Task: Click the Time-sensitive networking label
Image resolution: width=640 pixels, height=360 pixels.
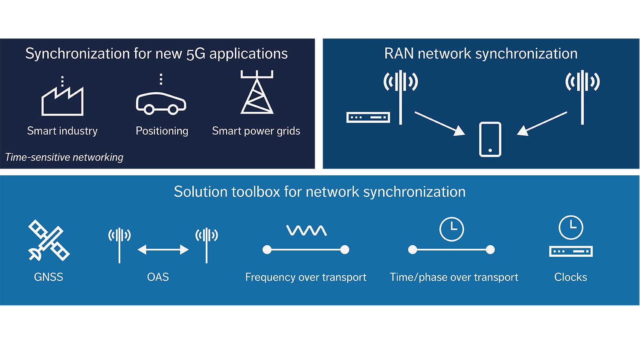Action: (x=64, y=157)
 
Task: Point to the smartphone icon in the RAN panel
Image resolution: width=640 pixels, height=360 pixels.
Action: (x=490, y=139)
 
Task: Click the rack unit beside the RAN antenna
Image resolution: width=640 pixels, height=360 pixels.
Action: (x=368, y=117)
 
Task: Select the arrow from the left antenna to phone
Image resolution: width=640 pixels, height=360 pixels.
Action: (x=439, y=124)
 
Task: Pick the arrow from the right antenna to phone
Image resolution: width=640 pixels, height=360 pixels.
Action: (x=542, y=124)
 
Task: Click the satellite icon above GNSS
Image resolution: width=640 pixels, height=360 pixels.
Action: (x=49, y=240)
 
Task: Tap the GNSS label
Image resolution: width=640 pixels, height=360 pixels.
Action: (x=49, y=277)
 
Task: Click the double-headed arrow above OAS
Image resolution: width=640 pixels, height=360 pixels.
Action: (x=163, y=250)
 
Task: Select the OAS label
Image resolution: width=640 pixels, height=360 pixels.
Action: (x=158, y=277)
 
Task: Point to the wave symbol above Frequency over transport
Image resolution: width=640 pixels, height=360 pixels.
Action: (x=306, y=231)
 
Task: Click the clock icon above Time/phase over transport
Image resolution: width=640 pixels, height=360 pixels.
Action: (x=451, y=229)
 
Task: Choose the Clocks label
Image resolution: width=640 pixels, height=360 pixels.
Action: (x=570, y=277)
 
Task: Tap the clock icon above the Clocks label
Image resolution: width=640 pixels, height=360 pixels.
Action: (x=571, y=227)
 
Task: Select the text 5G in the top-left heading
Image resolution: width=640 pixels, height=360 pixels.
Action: (x=196, y=54)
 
